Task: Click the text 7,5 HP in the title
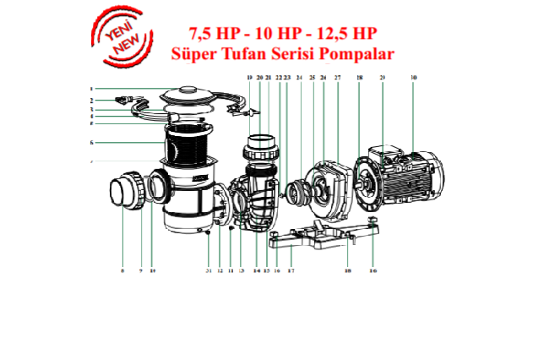[196, 34]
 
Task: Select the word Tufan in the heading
[237, 54]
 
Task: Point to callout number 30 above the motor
[414, 78]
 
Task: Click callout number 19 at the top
[249, 78]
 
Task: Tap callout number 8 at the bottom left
[122, 270]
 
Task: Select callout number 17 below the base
[291, 270]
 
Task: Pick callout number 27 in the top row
[336, 78]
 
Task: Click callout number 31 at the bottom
[208, 270]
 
